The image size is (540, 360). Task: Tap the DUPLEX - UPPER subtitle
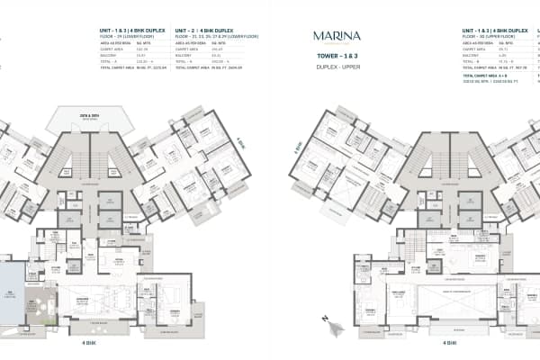click(x=334, y=67)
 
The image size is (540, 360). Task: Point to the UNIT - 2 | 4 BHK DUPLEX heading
click(x=202, y=31)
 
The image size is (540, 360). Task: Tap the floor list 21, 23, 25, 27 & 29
click(x=209, y=37)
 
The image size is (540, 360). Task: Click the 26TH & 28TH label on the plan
click(x=87, y=118)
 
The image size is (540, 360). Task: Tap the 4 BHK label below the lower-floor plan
click(x=88, y=343)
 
